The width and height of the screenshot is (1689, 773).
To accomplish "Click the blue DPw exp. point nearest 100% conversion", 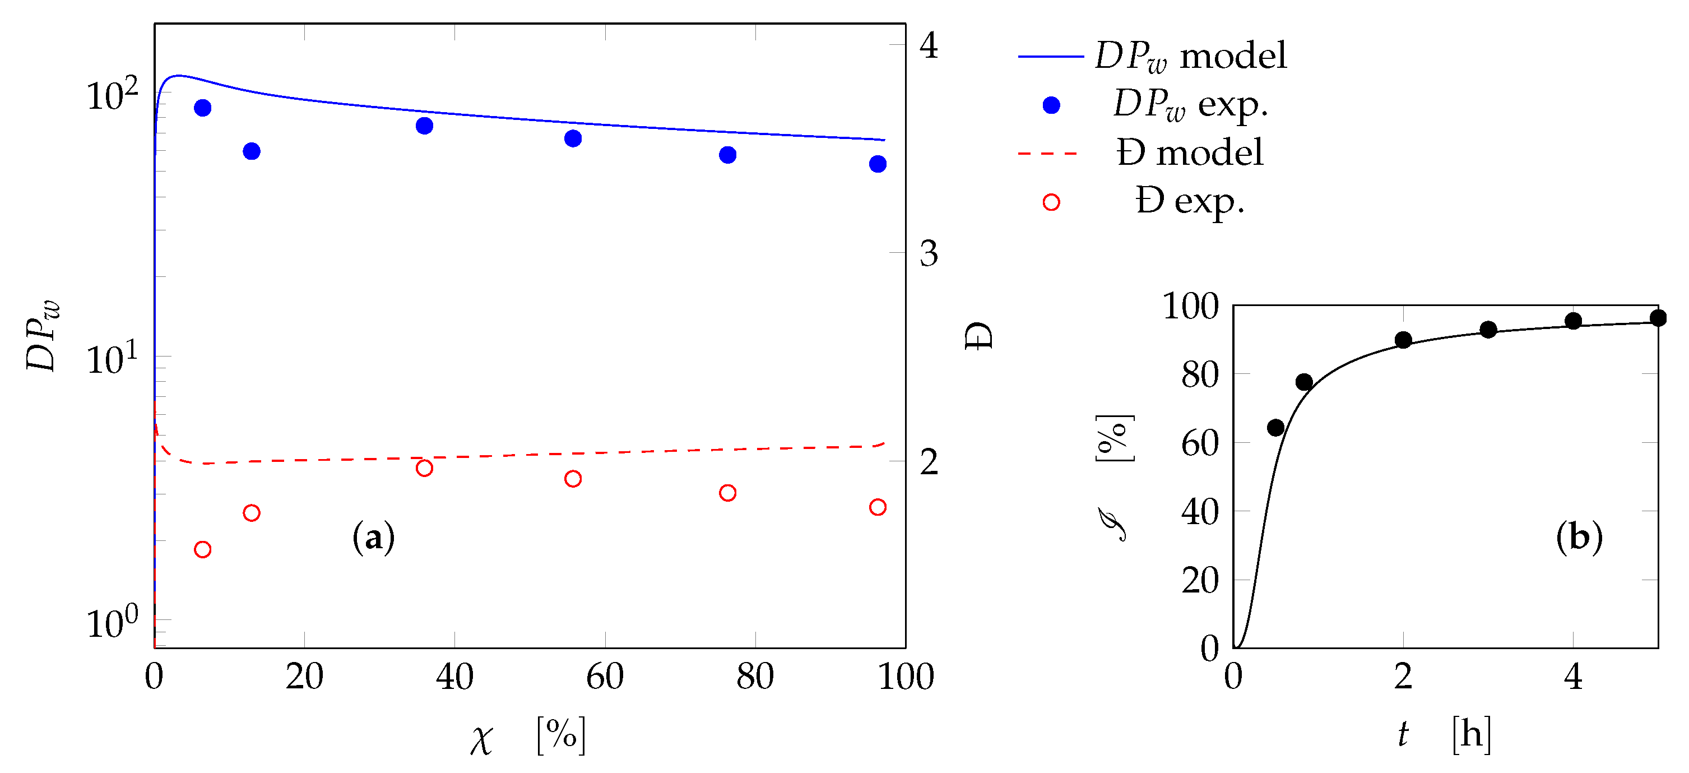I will (878, 164).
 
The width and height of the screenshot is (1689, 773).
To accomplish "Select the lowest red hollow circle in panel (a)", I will (203, 549).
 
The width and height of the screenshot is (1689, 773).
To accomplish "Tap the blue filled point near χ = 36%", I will (424, 125).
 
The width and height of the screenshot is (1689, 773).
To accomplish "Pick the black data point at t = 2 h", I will (1403, 340).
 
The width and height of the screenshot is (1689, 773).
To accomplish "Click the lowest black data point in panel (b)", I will (1275, 428).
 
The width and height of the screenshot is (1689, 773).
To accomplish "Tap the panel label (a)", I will (373, 538).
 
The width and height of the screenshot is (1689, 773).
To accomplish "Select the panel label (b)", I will (1579, 538).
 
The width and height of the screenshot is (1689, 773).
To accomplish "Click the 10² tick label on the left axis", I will (112, 96).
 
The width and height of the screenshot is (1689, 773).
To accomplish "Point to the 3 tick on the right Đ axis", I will (929, 254).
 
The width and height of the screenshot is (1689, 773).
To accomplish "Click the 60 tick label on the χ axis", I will (604, 676).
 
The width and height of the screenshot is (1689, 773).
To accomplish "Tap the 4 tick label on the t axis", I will (1572, 676).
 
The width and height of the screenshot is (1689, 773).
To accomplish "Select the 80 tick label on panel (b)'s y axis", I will (1199, 375).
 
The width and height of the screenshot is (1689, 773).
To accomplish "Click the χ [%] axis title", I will (528, 735).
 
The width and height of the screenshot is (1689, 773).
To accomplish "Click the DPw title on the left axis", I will (43, 336).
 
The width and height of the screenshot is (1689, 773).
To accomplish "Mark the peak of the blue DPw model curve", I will (178, 76).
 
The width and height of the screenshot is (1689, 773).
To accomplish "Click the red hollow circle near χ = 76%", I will (727, 492).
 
